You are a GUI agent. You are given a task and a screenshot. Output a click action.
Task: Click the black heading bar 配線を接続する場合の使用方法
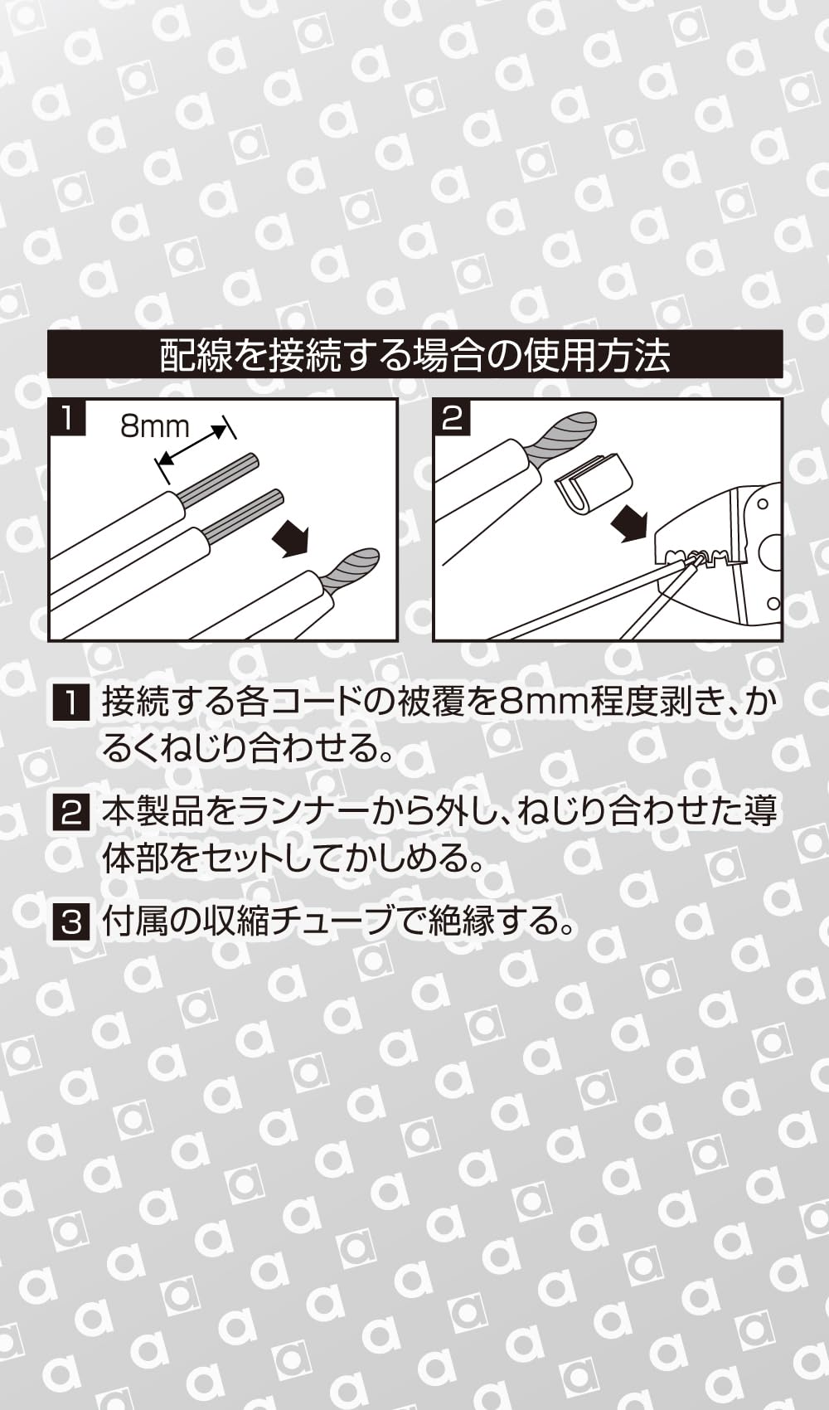(414, 355)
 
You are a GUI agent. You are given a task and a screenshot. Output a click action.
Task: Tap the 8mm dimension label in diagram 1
(155, 426)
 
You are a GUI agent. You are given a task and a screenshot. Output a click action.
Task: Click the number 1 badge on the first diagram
(67, 418)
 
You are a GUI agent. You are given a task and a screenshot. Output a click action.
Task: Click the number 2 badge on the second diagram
(452, 418)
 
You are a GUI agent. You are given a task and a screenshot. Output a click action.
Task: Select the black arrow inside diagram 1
(291, 538)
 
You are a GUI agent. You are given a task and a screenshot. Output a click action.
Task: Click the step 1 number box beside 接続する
(70, 703)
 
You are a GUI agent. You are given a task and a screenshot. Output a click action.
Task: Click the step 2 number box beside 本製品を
(70, 812)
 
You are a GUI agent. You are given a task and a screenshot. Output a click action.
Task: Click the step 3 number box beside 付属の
(70, 921)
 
